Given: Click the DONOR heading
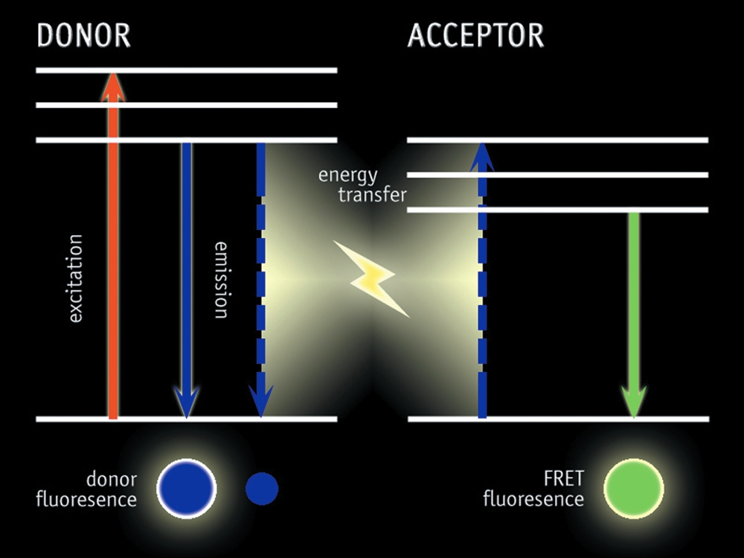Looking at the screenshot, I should click(x=83, y=36).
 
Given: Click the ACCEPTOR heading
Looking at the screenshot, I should click(x=475, y=36).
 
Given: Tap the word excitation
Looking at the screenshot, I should click(x=75, y=278).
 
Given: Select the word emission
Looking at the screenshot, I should click(x=222, y=280).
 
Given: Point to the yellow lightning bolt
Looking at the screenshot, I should click(x=376, y=278).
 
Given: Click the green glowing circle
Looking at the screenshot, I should click(x=633, y=489).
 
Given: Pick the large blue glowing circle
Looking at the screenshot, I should click(x=186, y=489).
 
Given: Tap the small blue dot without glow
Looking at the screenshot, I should click(x=262, y=489).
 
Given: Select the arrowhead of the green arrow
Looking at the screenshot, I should click(x=633, y=402).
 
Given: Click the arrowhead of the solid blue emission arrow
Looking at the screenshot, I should click(x=186, y=403).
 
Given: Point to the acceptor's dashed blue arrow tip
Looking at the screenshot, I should click(x=482, y=153).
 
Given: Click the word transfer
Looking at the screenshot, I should click(x=372, y=195).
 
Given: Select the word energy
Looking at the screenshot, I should click(x=347, y=176).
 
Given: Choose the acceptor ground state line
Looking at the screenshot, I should click(x=558, y=419).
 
